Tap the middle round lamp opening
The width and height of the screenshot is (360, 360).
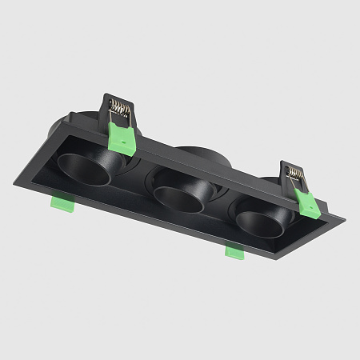pos(177,195)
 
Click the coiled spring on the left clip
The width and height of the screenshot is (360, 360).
pos(118,104)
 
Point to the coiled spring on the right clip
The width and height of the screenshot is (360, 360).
pos(296,172)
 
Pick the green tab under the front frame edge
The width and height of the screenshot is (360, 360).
pos(234,252)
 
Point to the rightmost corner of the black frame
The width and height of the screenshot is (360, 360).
pos(346,216)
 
